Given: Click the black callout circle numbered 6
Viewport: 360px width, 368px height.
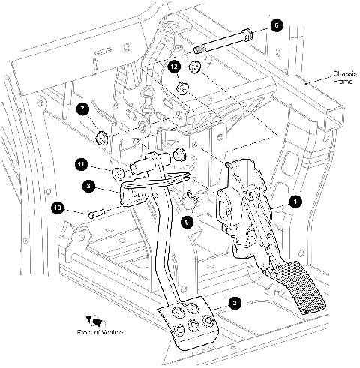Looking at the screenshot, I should [275, 25].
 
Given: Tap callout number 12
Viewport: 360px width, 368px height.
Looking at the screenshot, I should [175, 67].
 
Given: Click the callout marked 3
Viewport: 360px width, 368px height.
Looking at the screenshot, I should [88, 184].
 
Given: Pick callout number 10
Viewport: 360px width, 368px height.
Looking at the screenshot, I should [57, 207].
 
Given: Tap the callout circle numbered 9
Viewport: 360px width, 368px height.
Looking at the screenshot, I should [188, 221].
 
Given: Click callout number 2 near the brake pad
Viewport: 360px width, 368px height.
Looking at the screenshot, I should [235, 303].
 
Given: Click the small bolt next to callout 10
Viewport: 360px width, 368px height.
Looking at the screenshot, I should [94, 214].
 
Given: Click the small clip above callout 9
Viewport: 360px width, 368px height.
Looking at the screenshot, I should [190, 198].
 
